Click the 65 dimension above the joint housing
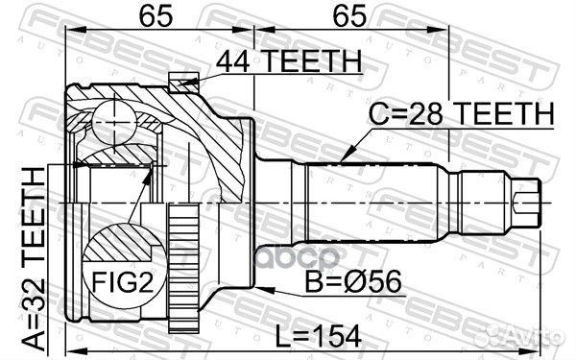pyautogui.click(x=148, y=15)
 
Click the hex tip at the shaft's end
pyautogui.click(x=528, y=202)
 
